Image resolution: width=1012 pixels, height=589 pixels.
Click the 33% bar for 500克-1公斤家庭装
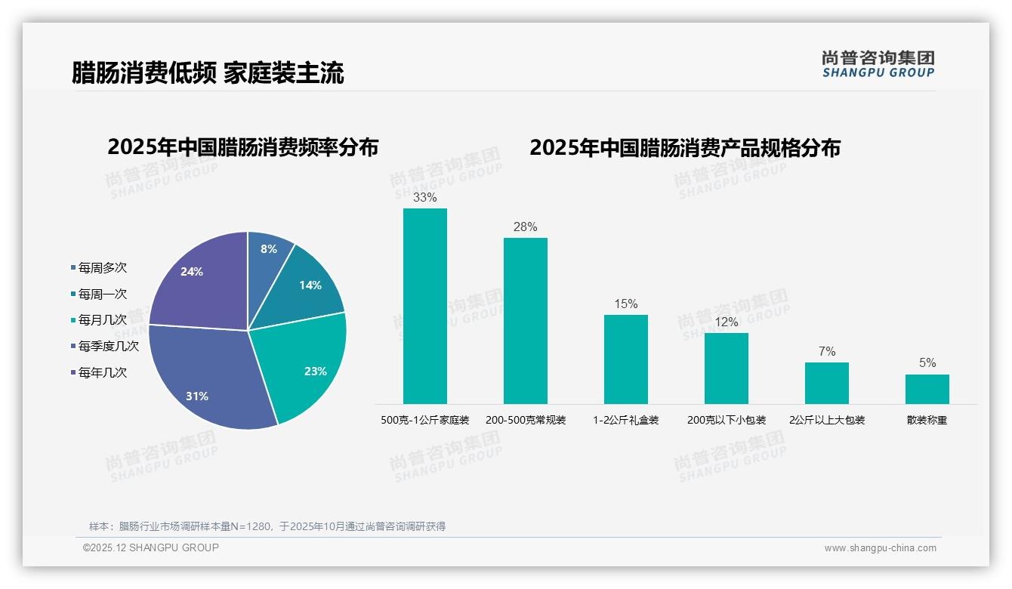point(424,306)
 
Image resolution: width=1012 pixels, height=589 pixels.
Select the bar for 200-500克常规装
point(525,321)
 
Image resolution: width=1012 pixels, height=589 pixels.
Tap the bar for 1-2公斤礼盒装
point(625,359)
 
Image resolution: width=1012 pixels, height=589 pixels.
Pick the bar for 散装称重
point(927,389)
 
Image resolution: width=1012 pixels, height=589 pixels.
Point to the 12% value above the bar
point(727,322)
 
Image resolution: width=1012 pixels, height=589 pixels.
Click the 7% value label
point(827,352)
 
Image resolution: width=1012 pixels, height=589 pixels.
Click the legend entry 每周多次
point(103,268)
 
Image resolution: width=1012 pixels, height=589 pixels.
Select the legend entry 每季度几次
point(109,347)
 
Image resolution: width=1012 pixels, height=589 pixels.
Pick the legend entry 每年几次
point(103,372)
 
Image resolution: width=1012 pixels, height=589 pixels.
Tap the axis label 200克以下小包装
point(727,420)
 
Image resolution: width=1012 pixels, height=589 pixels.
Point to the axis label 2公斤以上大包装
point(827,420)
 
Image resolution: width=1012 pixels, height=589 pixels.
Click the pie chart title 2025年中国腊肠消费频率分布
point(243,147)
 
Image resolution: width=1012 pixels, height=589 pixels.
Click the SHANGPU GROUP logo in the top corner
point(878,64)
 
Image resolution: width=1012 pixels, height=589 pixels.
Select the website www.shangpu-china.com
point(880,548)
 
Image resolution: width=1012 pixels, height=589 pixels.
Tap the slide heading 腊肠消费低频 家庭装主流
point(208,72)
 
